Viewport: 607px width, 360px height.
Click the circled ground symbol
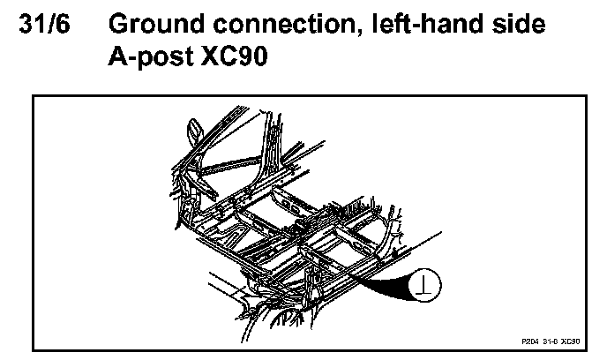coord(427,285)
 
